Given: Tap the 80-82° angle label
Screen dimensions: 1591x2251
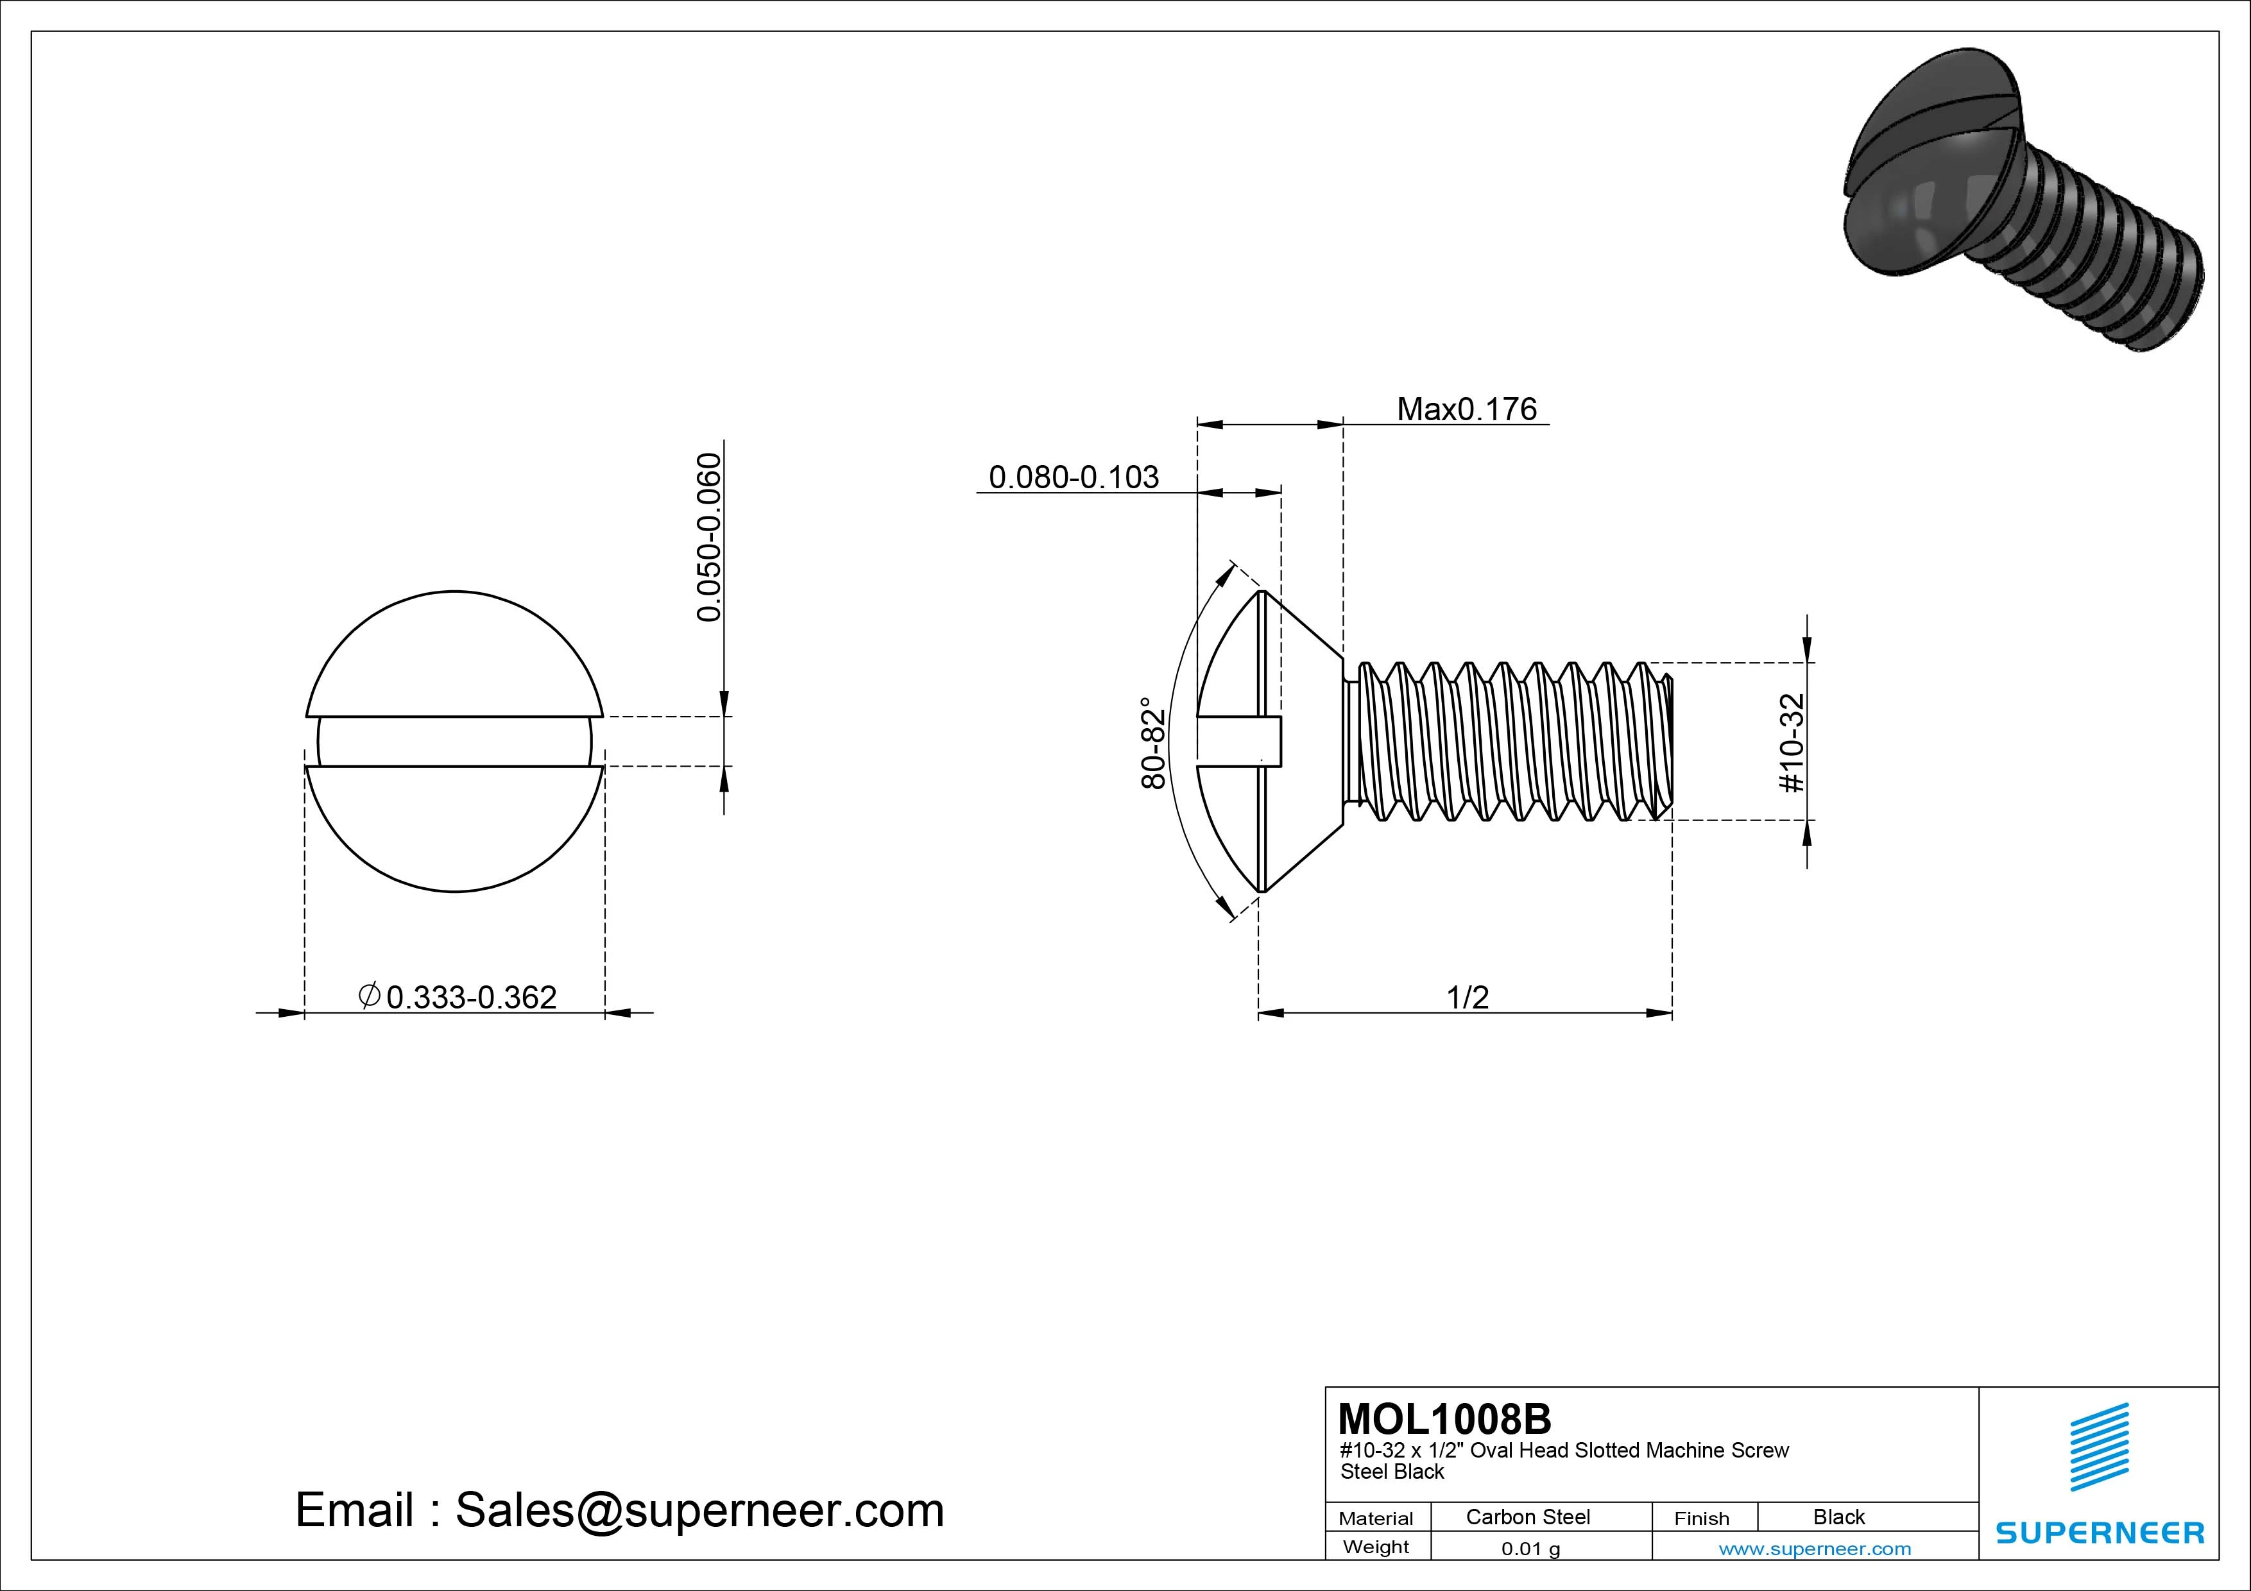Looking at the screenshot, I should pyautogui.click(x=1154, y=742).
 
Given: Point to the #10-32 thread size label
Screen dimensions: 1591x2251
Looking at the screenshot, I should pyautogui.click(x=1791, y=742).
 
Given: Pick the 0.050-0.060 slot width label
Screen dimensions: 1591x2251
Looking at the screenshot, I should pyautogui.click(x=709, y=536).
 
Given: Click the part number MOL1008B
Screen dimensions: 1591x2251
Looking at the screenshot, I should pyautogui.click(x=1444, y=1418).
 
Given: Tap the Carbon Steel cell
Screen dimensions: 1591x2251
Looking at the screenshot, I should pyautogui.click(x=1527, y=1517).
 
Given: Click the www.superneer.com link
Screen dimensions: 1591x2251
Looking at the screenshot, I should pyautogui.click(x=1815, y=1549).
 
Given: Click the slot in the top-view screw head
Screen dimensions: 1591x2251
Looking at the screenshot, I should pyautogui.click(x=454, y=741).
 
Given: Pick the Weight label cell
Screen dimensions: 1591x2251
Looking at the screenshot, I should pyautogui.click(x=1376, y=1547).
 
